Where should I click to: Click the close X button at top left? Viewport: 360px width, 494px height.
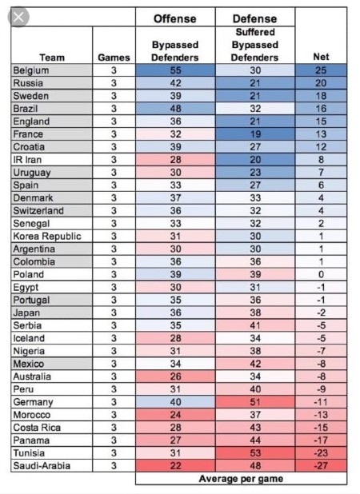pos(18,16)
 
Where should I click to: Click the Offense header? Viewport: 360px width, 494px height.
pos(175,18)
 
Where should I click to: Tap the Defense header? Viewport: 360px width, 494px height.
pos(255,18)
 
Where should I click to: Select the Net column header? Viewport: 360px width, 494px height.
pos(321,58)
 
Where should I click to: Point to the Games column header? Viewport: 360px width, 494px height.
pos(114,58)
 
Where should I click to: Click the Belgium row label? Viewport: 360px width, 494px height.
pos(32,70)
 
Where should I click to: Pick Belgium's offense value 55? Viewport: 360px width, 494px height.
pos(175,70)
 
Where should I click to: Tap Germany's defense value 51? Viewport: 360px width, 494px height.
pos(255,402)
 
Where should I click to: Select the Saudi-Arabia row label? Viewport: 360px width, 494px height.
pos(41,466)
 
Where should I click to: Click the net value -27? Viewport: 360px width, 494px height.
pos(321,466)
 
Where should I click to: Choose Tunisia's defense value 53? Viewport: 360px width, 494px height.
pos(255,453)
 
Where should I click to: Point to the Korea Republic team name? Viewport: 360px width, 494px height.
pos(46,237)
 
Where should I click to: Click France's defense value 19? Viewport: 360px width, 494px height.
pos(255,134)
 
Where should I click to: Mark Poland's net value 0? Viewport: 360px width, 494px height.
pos(321,274)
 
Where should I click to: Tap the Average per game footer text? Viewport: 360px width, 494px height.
pos(241,479)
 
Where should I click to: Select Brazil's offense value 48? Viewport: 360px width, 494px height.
pos(175,109)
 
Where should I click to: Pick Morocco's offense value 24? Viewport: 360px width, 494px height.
pos(175,415)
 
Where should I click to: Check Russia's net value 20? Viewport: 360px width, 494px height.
pos(321,83)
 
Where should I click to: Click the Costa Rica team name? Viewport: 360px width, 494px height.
pos(36,428)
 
